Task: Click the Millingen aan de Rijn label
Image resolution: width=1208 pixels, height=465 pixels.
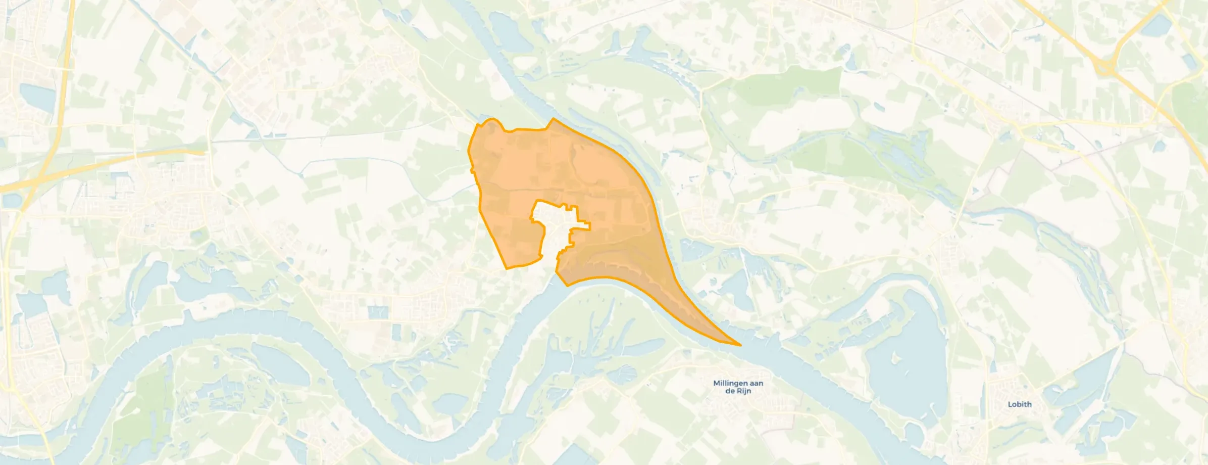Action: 738,387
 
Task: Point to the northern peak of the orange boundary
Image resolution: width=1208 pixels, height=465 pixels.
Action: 553,119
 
